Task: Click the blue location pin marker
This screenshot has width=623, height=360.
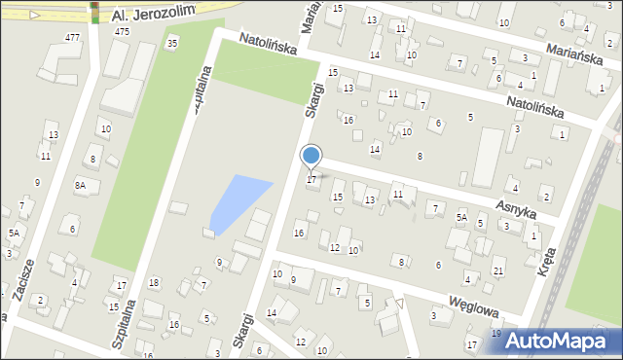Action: [x=311, y=157]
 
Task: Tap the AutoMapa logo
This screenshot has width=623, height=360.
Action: [x=558, y=341]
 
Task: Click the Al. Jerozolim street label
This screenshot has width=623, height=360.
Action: [x=154, y=13]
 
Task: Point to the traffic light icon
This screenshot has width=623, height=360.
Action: [x=95, y=12]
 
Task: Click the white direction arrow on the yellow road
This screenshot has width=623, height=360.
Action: [x=34, y=15]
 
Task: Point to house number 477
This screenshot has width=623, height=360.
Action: [x=72, y=37]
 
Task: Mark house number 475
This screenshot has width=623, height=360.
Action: [x=122, y=31]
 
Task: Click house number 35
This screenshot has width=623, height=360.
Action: [x=172, y=43]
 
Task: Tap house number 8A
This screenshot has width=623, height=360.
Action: [x=81, y=184]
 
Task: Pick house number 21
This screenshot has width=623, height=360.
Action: [x=498, y=270]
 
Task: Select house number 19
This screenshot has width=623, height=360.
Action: [x=496, y=334]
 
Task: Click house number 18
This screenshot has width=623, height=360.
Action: [x=154, y=282]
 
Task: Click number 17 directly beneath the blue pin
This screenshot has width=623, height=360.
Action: [x=311, y=179]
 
